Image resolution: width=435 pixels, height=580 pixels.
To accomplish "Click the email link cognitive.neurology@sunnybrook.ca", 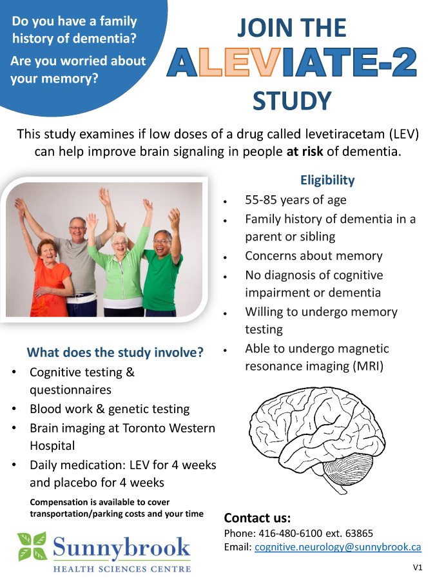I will pos(338,547).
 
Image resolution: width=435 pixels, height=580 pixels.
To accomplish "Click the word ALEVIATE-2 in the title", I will pos(292,63).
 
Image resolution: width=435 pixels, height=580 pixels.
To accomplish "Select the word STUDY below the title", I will pos(292,101).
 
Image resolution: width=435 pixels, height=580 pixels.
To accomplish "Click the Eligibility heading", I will pos(327,180).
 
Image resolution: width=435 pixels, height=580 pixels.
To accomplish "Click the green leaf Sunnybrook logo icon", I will pos(32,546).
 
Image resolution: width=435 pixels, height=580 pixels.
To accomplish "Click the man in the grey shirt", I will pos(81,258).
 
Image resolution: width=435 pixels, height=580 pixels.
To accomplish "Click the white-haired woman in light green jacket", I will pos(124,271).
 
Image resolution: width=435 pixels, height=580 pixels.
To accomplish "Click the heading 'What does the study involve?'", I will pos(115,353).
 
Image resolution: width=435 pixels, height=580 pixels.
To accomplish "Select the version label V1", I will pos(418,568).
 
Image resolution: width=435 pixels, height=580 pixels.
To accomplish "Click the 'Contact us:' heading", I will pos(257,517).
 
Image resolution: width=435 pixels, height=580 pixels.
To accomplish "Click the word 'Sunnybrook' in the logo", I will pos(122,548).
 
